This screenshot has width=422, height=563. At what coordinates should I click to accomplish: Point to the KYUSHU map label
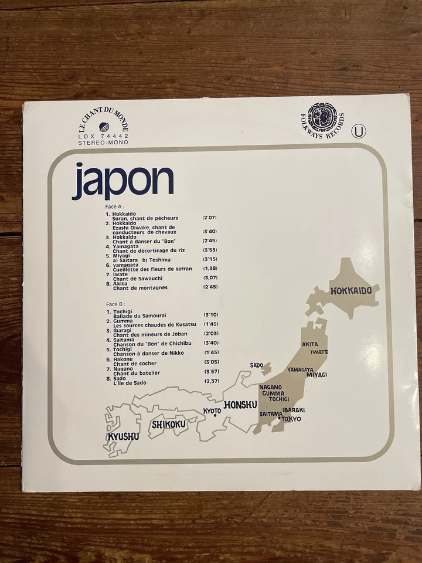[x=123, y=436]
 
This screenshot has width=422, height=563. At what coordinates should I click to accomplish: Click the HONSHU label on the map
[x=241, y=405]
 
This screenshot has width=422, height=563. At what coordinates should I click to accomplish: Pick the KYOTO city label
[x=212, y=410]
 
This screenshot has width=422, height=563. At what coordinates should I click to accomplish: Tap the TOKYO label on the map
[x=291, y=419]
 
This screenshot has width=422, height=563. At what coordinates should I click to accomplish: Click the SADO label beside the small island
[x=256, y=365]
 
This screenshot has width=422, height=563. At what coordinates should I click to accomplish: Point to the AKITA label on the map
[x=310, y=345]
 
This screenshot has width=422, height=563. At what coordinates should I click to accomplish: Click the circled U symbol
[x=358, y=132]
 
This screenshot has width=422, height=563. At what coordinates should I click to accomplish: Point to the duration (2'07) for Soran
[x=210, y=218]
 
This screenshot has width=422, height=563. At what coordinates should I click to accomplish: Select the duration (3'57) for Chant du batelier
[x=211, y=372]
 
